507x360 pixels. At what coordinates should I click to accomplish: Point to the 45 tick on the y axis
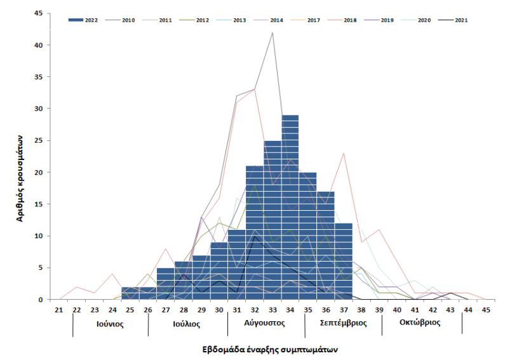(39, 13)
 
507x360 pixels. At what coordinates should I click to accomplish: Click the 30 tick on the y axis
(39, 109)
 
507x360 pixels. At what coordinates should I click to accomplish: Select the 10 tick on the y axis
(39, 236)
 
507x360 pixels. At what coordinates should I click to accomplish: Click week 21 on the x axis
(59, 310)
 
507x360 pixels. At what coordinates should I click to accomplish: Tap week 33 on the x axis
(273, 310)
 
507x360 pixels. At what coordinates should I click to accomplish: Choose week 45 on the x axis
(486, 310)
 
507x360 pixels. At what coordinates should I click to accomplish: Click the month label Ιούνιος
(110, 323)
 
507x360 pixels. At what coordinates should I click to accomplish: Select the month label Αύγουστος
(264, 323)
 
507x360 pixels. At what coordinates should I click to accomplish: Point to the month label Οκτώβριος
(420, 323)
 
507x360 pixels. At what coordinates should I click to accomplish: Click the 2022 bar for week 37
(344, 261)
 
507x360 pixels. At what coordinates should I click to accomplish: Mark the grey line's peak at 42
(273, 32)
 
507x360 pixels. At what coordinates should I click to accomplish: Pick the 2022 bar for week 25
(130, 293)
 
